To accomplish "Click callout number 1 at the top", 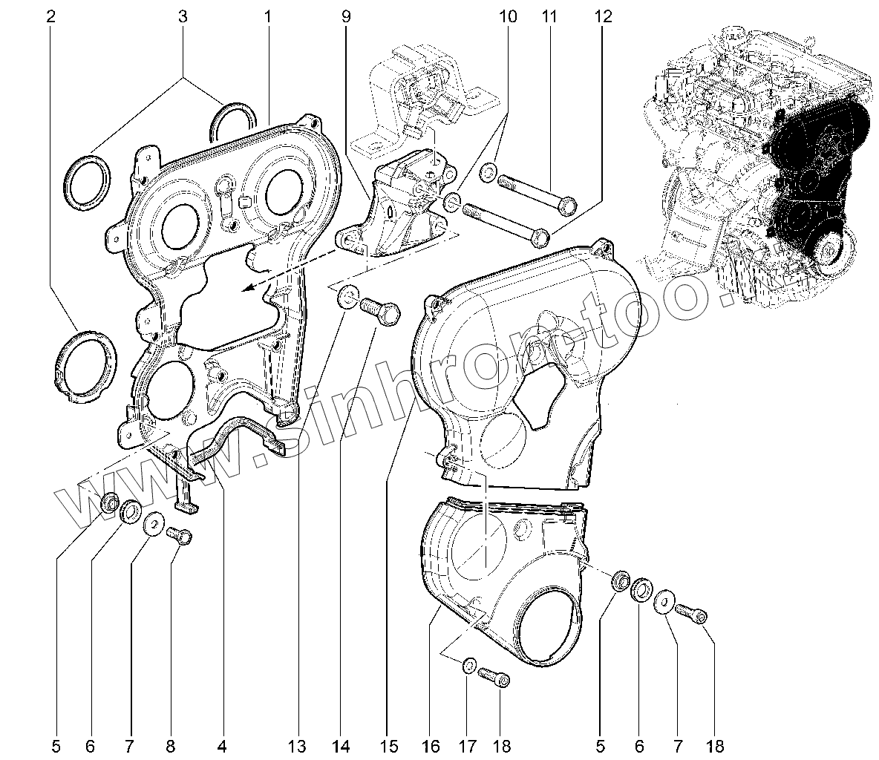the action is pyautogui.click(x=268, y=17).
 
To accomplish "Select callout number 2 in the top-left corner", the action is pyautogui.click(x=51, y=17).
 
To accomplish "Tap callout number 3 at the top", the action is pyautogui.click(x=182, y=17).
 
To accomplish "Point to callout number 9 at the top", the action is pyautogui.click(x=346, y=17).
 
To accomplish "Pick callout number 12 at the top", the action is pyautogui.click(x=603, y=17).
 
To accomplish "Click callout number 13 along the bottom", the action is pyautogui.click(x=298, y=746).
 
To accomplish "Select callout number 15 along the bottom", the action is pyautogui.click(x=389, y=746).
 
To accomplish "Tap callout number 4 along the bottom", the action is pyautogui.click(x=222, y=746).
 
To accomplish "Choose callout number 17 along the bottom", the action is pyautogui.click(x=468, y=746).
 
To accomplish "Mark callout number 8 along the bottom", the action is pyautogui.click(x=171, y=746).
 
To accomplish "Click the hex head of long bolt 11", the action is pyautogui.click(x=568, y=205).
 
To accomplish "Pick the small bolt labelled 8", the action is pyautogui.click(x=180, y=535).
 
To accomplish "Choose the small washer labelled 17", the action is pyautogui.click(x=468, y=666).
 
